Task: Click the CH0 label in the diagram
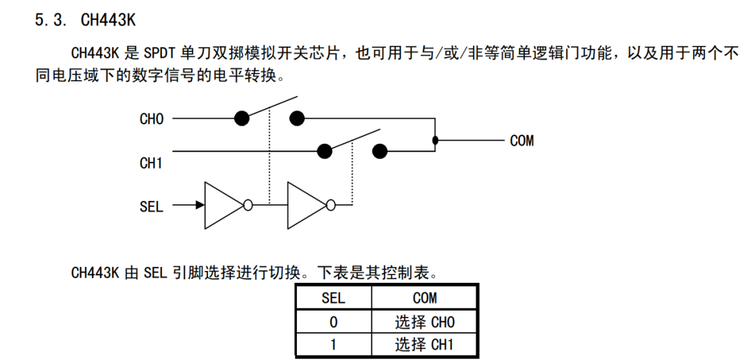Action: coord(152,119)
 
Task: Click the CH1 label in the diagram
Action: coord(152,164)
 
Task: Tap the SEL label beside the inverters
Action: coord(152,206)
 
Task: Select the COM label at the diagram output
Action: coord(522,141)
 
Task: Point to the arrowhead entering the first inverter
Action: coord(200,205)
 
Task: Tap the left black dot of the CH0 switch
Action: coord(241,118)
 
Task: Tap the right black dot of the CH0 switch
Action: coord(297,118)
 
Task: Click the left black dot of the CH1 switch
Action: coord(324,151)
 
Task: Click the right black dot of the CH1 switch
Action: coord(380,151)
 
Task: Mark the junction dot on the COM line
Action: coord(435,140)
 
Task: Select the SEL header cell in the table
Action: coord(333,298)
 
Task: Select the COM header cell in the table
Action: coord(424,298)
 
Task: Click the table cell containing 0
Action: coord(333,322)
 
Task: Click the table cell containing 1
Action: coord(333,345)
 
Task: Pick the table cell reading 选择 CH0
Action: coord(424,322)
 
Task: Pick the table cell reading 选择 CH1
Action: coord(424,345)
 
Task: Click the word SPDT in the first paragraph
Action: coord(161,53)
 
